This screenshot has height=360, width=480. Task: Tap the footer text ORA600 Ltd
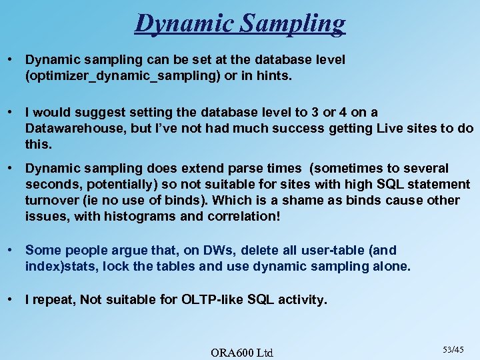(x=241, y=351)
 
